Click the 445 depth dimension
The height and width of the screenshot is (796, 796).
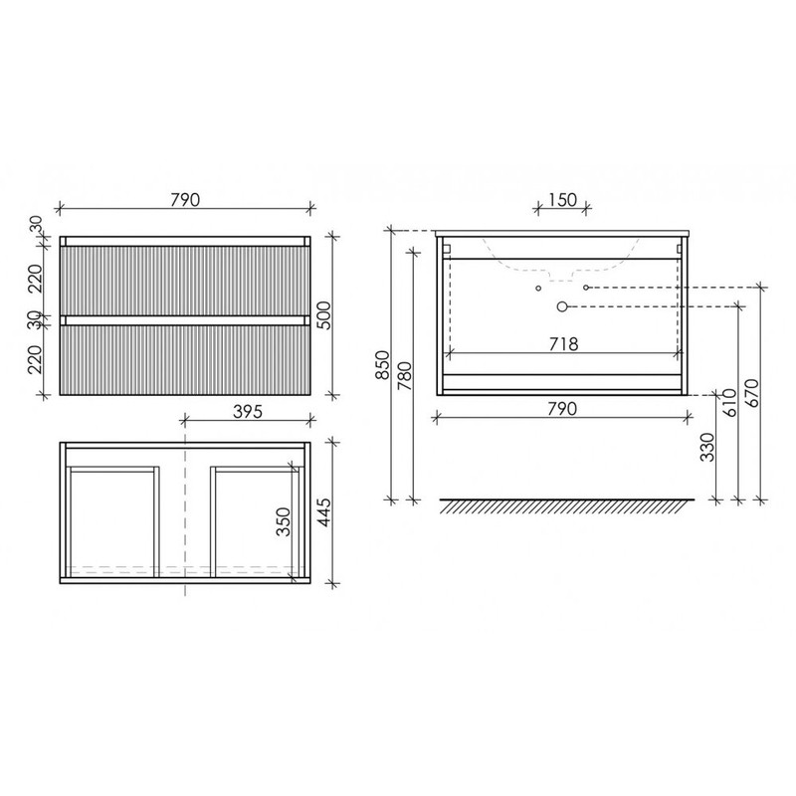[323, 513]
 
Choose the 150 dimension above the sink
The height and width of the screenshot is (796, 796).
[562, 199]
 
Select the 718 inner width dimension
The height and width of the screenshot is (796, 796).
[562, 345]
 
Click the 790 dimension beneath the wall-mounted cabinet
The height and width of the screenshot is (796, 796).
[562, 407]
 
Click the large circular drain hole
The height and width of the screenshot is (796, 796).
[562, 306]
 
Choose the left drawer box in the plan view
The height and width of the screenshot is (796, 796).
[111, 519]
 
